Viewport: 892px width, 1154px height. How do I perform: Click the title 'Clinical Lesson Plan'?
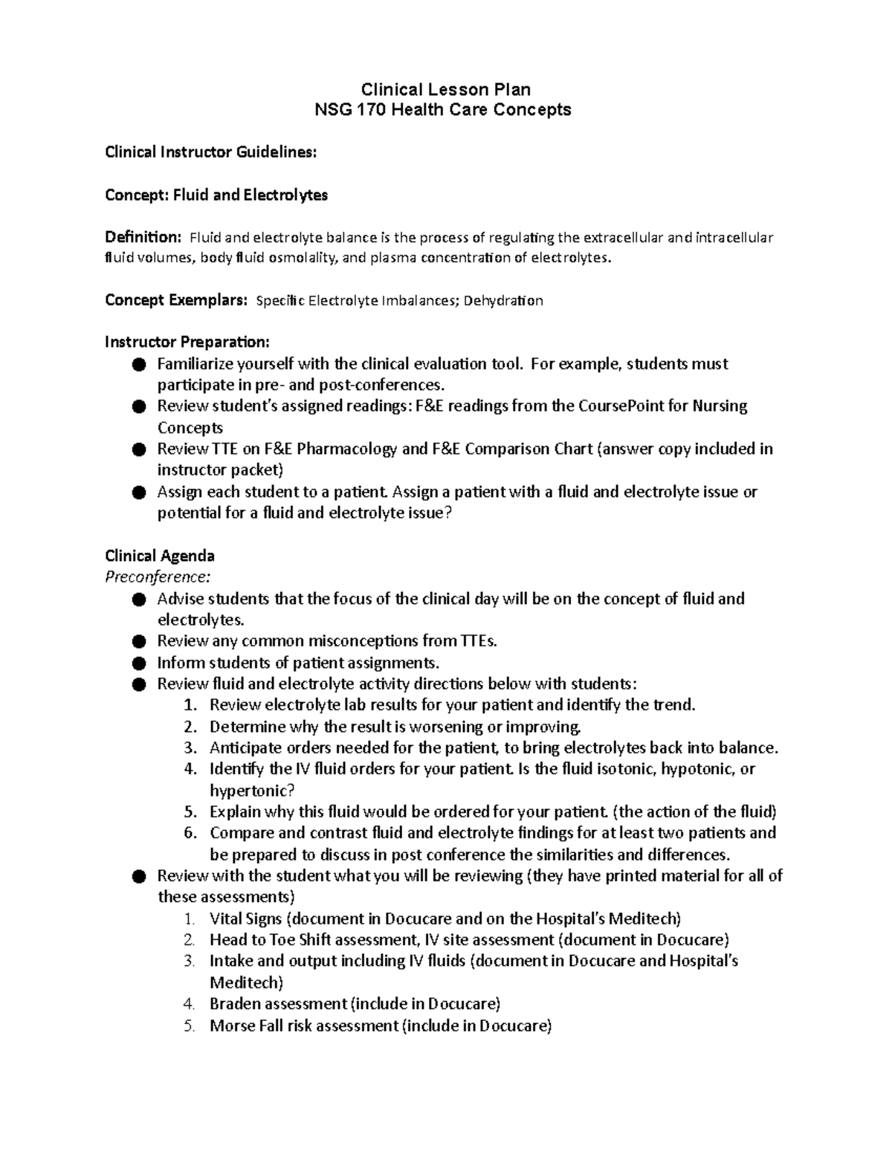445,90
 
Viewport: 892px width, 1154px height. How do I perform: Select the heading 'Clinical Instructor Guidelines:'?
210,152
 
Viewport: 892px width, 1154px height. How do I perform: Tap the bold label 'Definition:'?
143,238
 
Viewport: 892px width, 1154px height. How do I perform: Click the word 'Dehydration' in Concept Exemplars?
503,301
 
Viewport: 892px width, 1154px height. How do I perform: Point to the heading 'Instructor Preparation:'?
187,343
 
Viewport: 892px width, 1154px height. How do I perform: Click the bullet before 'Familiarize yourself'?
138,364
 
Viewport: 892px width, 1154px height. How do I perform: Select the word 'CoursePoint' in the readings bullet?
633,406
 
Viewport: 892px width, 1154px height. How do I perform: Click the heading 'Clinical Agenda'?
160,556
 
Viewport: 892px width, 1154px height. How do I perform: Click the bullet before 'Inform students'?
138,663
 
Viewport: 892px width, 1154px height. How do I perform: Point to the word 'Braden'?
236,1004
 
